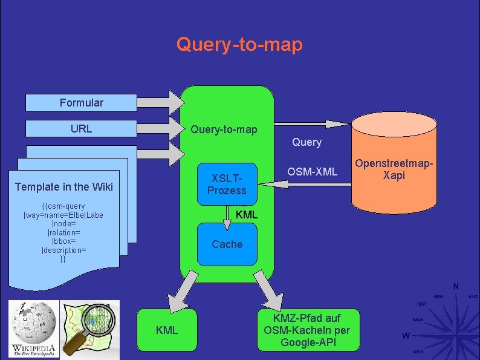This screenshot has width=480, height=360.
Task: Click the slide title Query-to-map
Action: (x=239, y=44)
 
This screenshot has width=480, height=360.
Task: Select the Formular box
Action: (x=81, y=103)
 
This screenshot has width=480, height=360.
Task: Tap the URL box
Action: (x=81, y=128)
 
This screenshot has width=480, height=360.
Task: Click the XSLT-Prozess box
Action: (x=227, y=184)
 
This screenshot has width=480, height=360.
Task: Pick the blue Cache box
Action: (x=227, y=244)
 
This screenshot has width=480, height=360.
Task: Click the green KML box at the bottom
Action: (x=167, y=330)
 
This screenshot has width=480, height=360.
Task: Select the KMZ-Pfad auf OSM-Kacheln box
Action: (x=307, y=330)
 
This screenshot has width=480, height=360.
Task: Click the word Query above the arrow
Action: (x=306, y=142)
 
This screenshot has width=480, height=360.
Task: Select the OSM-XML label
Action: (x=312, y=172)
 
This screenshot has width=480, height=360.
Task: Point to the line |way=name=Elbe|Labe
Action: (x=63, y=215)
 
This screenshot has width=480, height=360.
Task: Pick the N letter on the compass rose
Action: (x=456, y=286)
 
